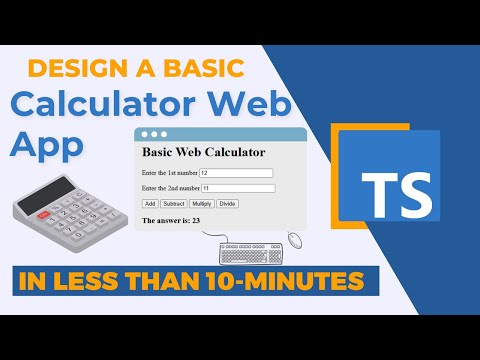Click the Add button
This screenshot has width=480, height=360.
coord(150,203)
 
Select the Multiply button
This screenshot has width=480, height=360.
coord(201,203)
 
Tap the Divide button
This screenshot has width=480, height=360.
coord(228,203)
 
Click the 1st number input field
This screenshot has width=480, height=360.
coord(236,173)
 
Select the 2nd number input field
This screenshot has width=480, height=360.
coord(237,188)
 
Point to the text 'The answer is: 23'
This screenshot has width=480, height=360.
coord(172,220)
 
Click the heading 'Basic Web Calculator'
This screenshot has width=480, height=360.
coord(203,152)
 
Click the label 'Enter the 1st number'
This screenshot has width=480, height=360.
coord(170,173)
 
